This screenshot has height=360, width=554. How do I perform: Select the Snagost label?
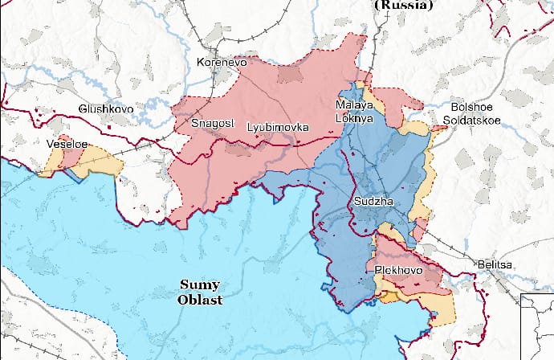click(x=211, y=123)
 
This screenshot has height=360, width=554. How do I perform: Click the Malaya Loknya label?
click(x=354, y=112)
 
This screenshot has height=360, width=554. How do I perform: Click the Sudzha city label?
click(x=373, y=201)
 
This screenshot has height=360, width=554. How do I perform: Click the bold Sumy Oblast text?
click(x=199, y=292)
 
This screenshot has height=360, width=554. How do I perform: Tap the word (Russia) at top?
click(x=403, y=5)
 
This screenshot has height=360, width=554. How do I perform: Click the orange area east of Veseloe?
click(x=103, y=158)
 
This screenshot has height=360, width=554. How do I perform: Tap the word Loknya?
click(x=354, y=118)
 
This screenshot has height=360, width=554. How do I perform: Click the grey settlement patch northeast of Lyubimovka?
click(x=290, y=75)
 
